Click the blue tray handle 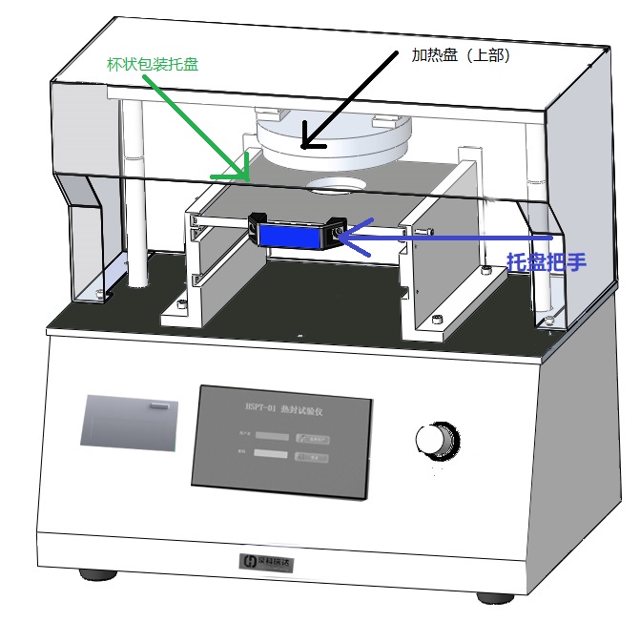click(x=295, y=233)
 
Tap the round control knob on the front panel click(x=433, y=439)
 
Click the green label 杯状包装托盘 click(x=153, y=64)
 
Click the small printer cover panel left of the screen click(x=131, y=421)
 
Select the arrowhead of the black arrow click(x=307, y=144)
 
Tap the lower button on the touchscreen click(x=313, y=457)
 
